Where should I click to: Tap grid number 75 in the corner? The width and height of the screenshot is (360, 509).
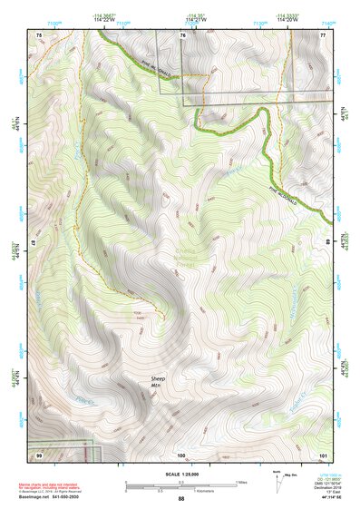pyautogui.click(x=39, y=34)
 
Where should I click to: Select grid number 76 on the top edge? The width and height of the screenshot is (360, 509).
pyautogui.click(x=182, y=34)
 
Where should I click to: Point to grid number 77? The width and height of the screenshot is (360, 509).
pyautogui.click(x=324, y=34)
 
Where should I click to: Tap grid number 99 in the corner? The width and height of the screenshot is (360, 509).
pyautogui.click(x=39, y=453)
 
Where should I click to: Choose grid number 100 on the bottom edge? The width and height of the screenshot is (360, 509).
pyautogui.click(x=181, y=454)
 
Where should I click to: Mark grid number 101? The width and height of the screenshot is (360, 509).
pyautogui.click(x=324, y=453)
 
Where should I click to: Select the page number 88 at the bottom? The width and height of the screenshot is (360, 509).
pyautogui.click(x=181, y=499)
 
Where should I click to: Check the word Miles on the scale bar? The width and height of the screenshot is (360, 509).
pyautogui.click(x=240, y=482)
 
